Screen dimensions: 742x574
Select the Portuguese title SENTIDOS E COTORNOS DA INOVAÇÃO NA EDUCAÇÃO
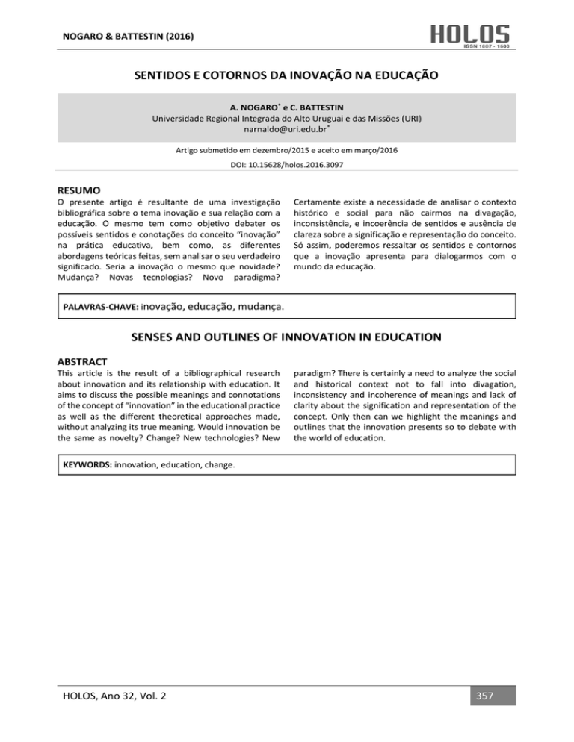tap(286, 75)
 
